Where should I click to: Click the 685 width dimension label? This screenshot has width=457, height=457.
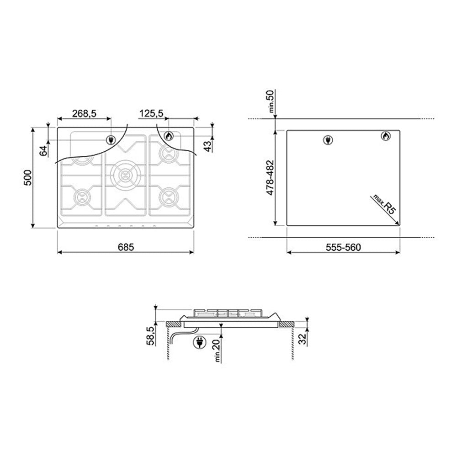(x=126, y=247)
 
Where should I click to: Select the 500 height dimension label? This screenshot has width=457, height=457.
(x=28, y=177)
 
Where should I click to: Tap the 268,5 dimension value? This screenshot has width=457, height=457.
(x=84, y=113)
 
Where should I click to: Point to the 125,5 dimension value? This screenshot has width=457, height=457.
(x=151, y=113)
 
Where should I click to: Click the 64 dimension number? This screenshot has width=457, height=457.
(x=43, y=151)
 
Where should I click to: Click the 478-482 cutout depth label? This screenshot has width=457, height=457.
(x=270, y=177)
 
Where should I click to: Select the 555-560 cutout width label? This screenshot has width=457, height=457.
(x=343, y=247)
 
